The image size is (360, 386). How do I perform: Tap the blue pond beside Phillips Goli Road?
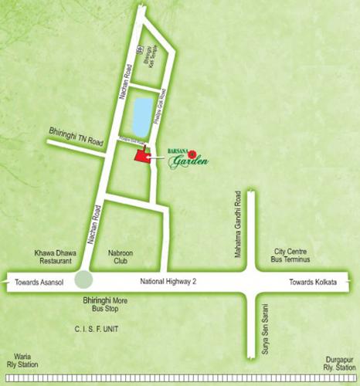tap(141, 117)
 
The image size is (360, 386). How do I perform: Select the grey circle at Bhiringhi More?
tap(83, 279)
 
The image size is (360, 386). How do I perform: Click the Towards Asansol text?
tap(36, 284)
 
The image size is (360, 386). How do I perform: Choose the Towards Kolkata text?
tap(313, 283)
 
